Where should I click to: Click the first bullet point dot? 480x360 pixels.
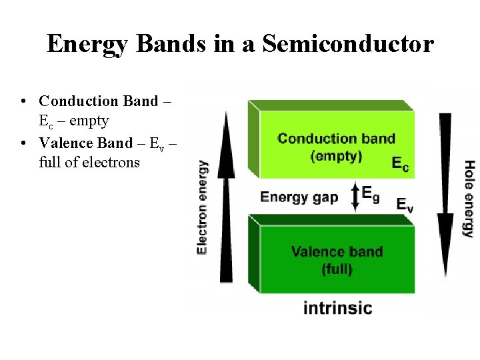(x=24, y=101)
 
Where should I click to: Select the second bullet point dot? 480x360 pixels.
(x=24, y=143)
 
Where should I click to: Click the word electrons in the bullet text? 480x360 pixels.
(x=110, y=162)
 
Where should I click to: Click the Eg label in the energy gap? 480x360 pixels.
(x=371, y=194)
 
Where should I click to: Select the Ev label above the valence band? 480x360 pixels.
(x=405, y=204)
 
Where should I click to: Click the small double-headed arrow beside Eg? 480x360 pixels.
(x=355, y=197)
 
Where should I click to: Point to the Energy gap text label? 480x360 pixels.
(x=299, y=197)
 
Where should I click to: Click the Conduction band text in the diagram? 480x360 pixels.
(x=336, y=139)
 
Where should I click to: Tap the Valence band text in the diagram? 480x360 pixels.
(x=337, y=252)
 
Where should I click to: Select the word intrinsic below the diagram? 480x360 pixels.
(x=337, y=308)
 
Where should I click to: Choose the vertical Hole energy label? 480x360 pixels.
(x=469, y=198)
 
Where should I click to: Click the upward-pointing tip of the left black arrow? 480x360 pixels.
(x=227, y=115)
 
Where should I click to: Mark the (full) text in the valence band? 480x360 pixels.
(x=337, y=269)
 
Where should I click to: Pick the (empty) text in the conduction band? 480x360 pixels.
(x=336, y=157)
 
